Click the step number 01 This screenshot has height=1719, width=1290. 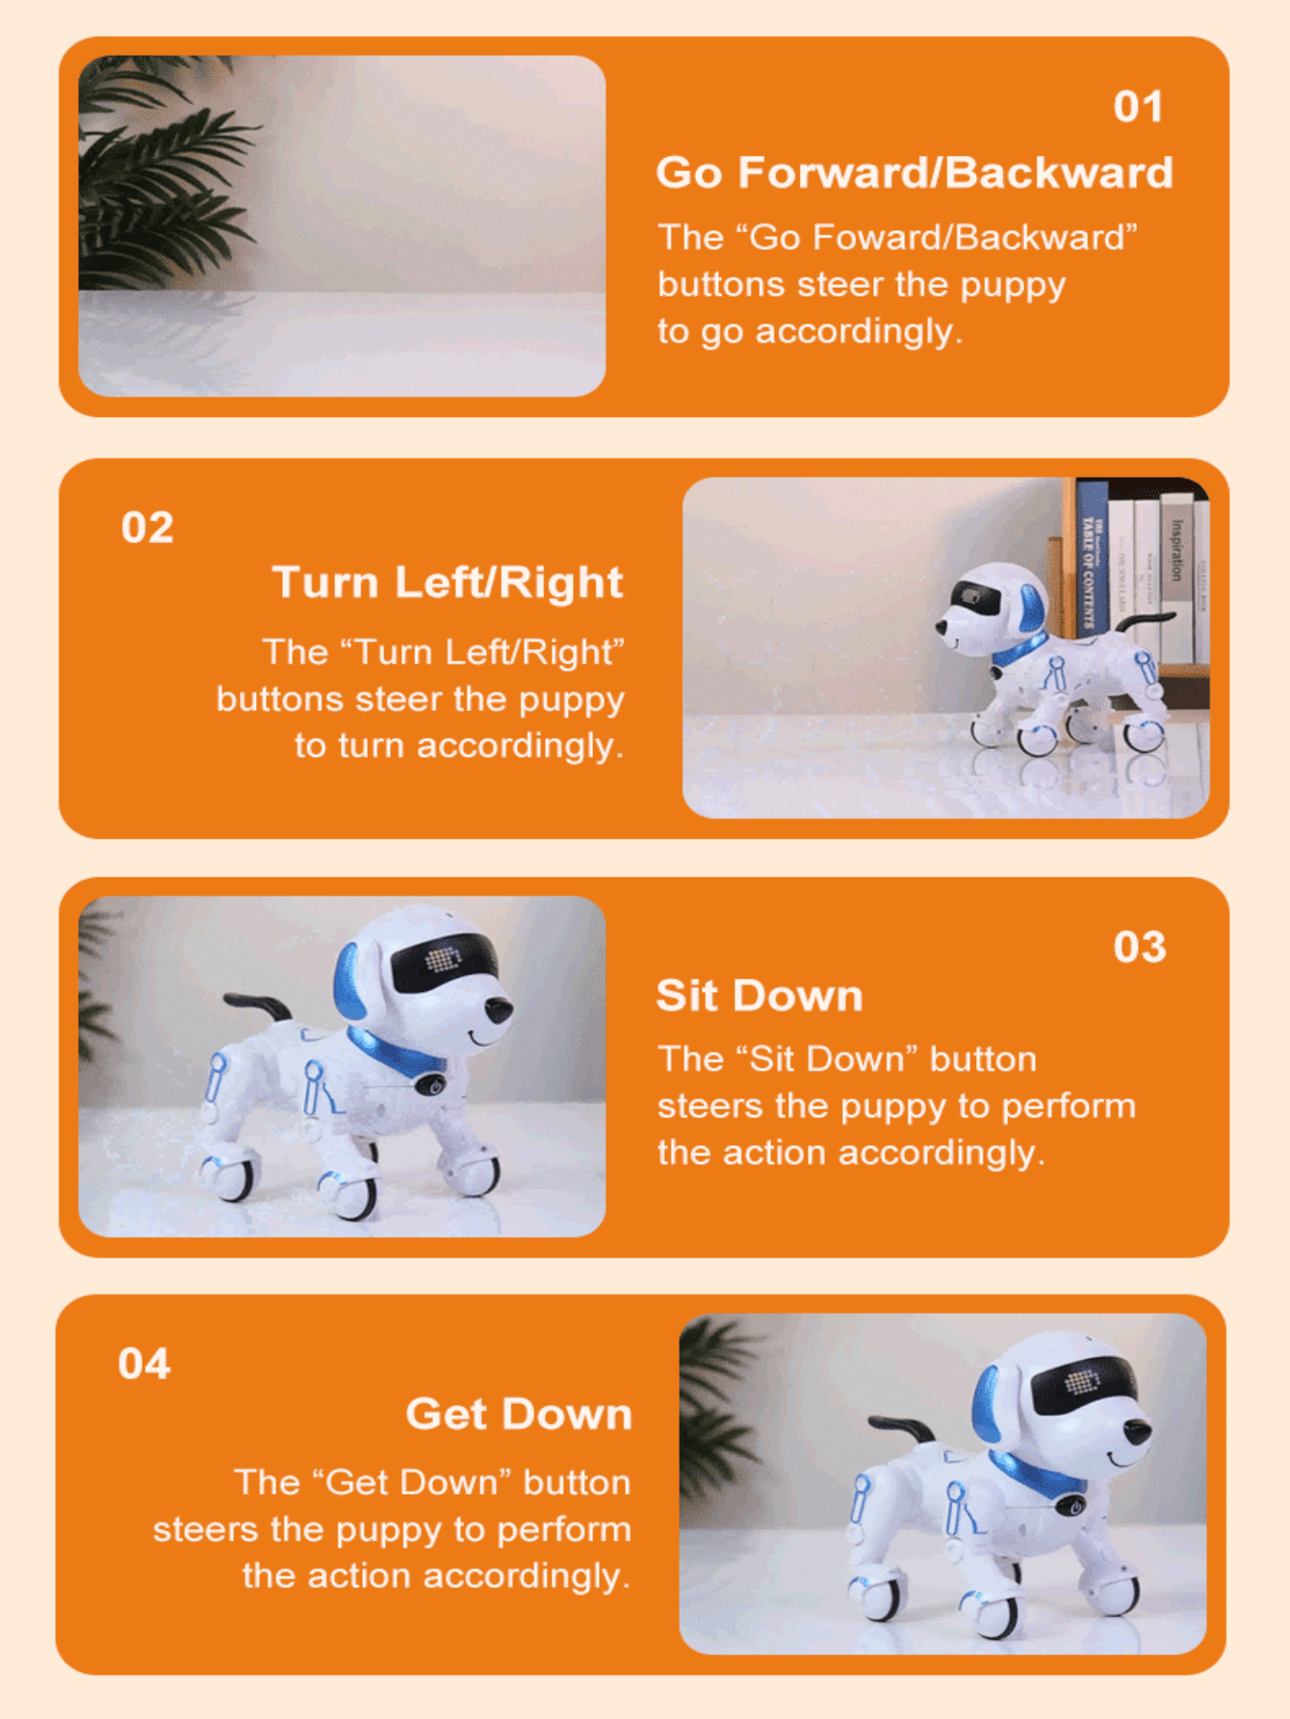1138,107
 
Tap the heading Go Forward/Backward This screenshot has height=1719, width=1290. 915,172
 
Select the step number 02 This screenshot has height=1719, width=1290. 147,528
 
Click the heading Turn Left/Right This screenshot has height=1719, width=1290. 448,583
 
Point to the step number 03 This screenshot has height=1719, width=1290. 1140,948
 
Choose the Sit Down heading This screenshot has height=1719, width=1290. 760,996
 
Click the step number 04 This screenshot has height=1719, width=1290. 144,1364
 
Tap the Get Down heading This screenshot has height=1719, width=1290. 519,1414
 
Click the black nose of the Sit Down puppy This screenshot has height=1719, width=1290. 499,1012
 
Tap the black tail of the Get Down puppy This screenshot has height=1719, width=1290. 901,1425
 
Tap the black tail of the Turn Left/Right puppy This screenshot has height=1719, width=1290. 1146,621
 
